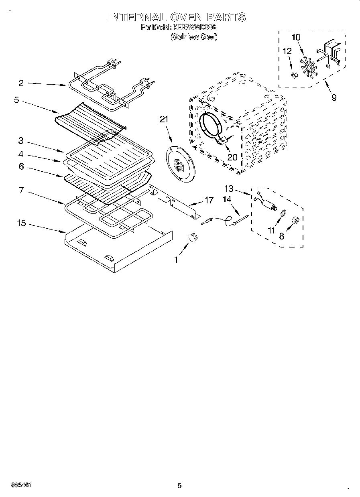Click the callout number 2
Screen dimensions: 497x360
[21, 83]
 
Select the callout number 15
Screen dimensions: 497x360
[21, 223]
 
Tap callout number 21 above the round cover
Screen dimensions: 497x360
[165, 119]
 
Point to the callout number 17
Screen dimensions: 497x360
[209, 200]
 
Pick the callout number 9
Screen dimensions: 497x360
[334, 97]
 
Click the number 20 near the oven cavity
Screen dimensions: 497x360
[232, 157]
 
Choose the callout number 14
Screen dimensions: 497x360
[227, 199]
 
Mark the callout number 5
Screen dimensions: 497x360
[16, 99]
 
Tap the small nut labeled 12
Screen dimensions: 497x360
[294, 75]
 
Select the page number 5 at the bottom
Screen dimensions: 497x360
[180, 485]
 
